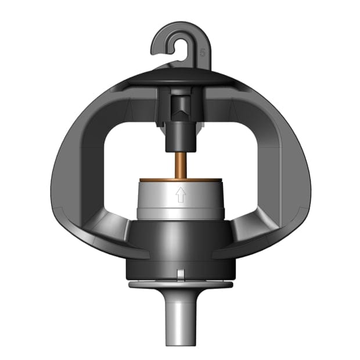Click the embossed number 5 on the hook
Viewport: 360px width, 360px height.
[202, 52]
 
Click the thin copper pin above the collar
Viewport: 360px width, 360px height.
[180, 164]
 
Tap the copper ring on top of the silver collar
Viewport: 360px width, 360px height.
[180, 179]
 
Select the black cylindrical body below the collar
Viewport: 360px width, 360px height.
[180, 244]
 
